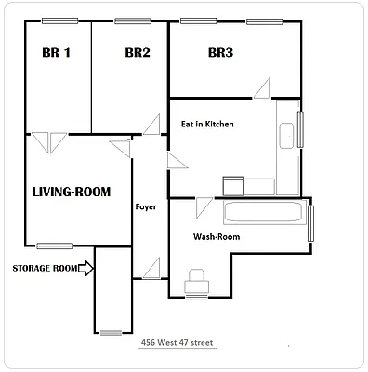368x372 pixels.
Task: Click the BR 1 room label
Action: (x=57, y=53)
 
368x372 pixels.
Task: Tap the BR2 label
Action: (x=138, y=53)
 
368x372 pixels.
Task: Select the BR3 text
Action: (x=220, y=53)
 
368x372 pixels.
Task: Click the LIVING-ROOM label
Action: (x=72, y=193)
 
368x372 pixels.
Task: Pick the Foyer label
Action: (x=146, y=206)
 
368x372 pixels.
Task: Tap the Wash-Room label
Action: (x=217, y=236)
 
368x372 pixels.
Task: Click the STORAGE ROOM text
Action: (x=43, y=269)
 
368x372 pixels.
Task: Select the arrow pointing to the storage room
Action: (x=85, y=269)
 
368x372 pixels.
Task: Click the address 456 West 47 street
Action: (x=177, y=342)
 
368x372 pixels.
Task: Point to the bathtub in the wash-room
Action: (x=263, y=213)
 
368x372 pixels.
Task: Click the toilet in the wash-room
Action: (x=196, y=279)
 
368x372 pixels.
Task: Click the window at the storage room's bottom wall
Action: (x=111, y=332)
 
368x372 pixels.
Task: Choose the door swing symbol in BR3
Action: (x=263, y=88)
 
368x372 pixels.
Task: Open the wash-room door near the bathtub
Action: (x=204, y=204)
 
